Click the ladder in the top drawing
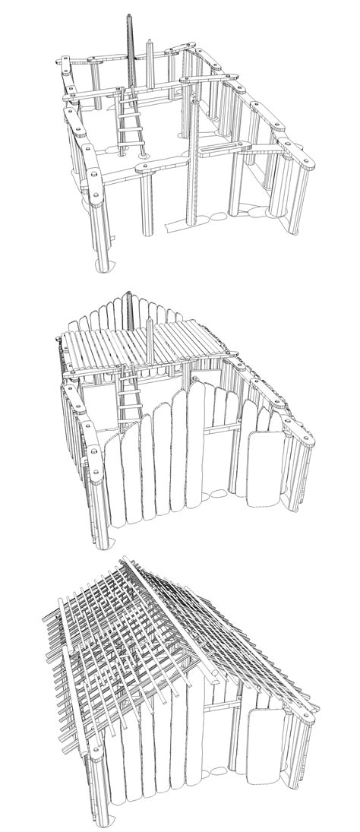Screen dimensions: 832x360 pos(130,122)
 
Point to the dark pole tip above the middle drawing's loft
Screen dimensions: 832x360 pos(131,299)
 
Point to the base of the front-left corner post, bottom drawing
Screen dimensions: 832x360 pos(100,809)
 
